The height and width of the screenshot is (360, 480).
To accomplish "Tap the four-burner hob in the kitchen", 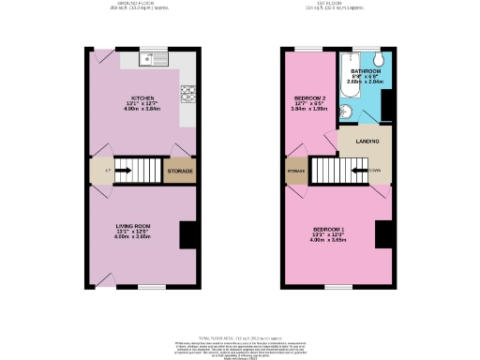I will pyautogui.click(x=187, y=94).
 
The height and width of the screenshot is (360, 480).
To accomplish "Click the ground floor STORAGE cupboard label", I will pyautogui.click(x=180, y=171).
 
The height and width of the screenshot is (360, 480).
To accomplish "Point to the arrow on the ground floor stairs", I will pyautogui.click(x=141, y=170).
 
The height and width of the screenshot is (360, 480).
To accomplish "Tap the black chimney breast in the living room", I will pyautogui.click(x=187, y=234).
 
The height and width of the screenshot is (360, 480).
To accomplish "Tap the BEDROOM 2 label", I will pyautogui.click(x=308, y=98).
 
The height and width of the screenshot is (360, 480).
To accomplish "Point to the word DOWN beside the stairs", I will pyautogui.click(x=374, y=171).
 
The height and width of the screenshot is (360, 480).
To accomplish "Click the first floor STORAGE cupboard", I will pyautogui.click(x=295, y=172).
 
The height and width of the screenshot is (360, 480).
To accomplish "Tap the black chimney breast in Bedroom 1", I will pyautogui.click(x=382, y=235).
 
